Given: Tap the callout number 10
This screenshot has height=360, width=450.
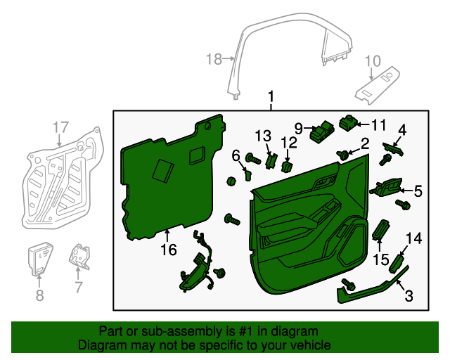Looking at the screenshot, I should (x=372, y=60).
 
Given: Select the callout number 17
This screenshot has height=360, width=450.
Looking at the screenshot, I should (x=61, y=127).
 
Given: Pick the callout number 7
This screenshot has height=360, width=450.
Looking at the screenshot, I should (x=78, y=287).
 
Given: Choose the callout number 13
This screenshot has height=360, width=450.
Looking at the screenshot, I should (x=263, y=135).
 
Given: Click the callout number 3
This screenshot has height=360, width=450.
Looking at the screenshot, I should (x=408, y=297).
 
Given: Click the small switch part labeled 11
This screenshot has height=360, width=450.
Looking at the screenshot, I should (x=348, y=124).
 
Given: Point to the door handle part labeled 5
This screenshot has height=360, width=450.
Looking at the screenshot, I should (x=387, y=188).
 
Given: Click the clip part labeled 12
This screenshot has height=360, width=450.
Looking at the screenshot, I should (x=287, y=167).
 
